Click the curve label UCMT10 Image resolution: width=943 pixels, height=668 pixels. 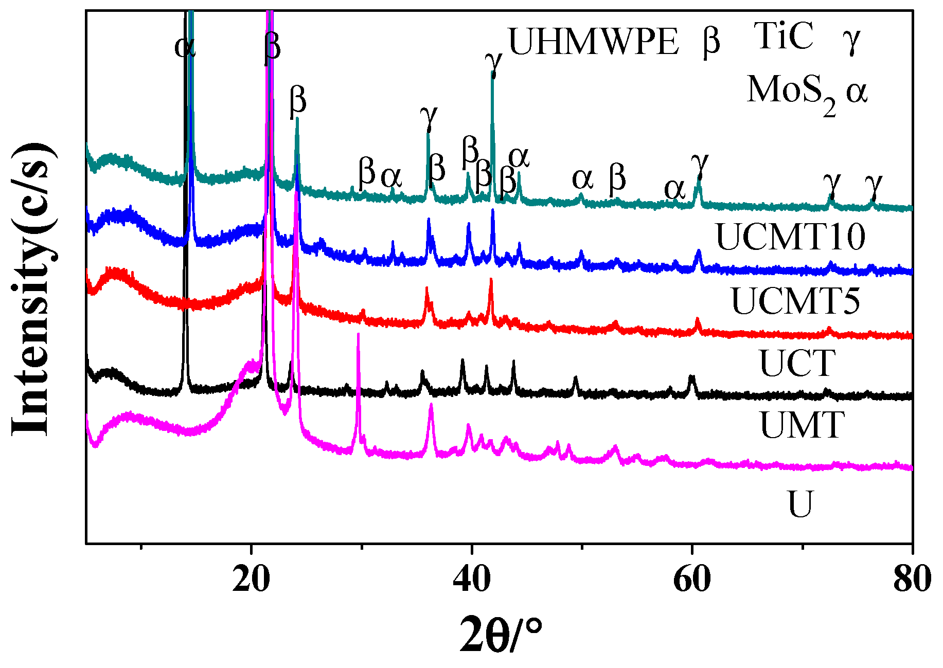tap(790, 237)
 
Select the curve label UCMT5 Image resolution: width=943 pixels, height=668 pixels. tap(795, 301)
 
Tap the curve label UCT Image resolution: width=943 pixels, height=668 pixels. tap(797, 363)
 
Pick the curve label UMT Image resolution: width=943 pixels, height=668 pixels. tap(802, 425)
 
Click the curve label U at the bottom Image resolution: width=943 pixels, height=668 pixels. tap(800, 504)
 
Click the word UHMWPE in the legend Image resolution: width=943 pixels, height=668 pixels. tap(594, 42)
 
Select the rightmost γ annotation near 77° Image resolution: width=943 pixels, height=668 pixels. tap(873, 186)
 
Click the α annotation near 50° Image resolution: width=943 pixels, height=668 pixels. tap(582, 179)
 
